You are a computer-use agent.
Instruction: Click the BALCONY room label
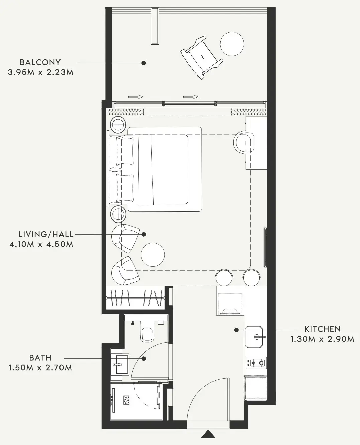40,62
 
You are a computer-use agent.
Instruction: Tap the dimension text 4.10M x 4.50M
41,244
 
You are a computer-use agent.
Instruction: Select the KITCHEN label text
322,329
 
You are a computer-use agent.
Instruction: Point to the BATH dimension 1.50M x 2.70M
40,368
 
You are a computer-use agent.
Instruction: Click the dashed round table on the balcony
232,43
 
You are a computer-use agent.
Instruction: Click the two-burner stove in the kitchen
256,362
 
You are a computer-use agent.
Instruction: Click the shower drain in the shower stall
126,400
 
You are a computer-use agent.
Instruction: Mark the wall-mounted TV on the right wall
265,248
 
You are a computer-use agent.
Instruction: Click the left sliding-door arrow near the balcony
136,97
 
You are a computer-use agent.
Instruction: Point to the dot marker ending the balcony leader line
143,63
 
